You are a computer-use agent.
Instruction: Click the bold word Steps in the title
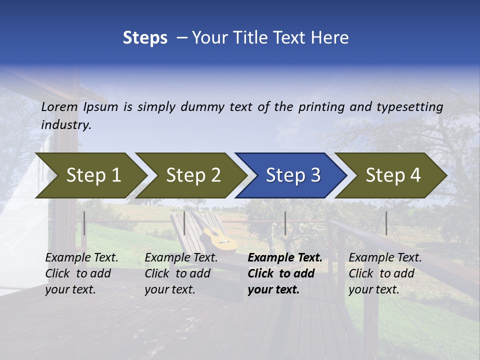coord(145,38)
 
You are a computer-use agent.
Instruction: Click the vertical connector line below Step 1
coord(84,223)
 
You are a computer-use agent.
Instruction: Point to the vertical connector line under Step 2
coord(184,223)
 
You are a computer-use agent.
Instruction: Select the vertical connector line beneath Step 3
coord(285,223)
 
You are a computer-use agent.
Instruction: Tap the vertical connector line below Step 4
coord(386,223)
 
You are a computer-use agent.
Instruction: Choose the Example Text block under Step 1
coord(81,273)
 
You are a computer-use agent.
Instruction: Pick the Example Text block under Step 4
coord(385,273)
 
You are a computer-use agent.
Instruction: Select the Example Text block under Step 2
coord(181,273)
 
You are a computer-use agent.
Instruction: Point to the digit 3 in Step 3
coord(315,175)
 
